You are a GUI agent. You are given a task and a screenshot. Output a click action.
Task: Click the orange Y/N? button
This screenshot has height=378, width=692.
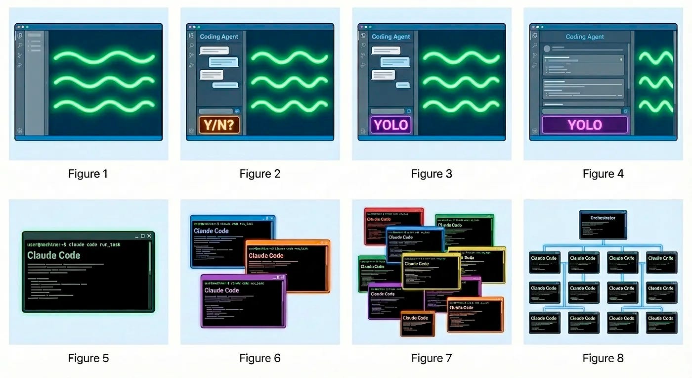[218, 125]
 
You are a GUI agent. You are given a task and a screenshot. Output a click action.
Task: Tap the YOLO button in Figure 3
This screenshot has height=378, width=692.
[390, 125]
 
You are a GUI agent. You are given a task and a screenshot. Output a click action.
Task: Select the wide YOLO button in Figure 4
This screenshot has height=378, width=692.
[585, 125]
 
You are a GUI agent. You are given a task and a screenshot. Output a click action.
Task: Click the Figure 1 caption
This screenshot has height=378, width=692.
[88, 174]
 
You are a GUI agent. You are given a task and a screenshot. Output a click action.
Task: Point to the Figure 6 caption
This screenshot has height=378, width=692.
[260, 358]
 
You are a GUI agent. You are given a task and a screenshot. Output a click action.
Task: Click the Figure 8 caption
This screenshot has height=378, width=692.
[603, 358]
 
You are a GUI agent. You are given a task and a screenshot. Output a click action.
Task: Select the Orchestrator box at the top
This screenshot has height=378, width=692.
[603, 224]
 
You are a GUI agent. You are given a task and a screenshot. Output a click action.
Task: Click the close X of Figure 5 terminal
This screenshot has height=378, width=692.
[149, 236]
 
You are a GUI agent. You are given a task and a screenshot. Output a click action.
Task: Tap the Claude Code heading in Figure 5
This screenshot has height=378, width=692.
[53, 255]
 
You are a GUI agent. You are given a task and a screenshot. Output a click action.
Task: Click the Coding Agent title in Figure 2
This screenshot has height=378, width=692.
[218, 37]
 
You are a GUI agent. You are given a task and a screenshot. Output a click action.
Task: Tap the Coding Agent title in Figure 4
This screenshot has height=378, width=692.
[585, 37]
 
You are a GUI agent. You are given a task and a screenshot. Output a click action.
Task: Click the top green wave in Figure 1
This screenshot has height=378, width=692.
[104, 57]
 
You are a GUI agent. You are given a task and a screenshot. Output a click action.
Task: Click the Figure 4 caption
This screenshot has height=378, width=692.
[603, 174]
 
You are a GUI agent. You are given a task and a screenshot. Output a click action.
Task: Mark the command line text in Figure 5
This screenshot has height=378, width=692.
[74, 244]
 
